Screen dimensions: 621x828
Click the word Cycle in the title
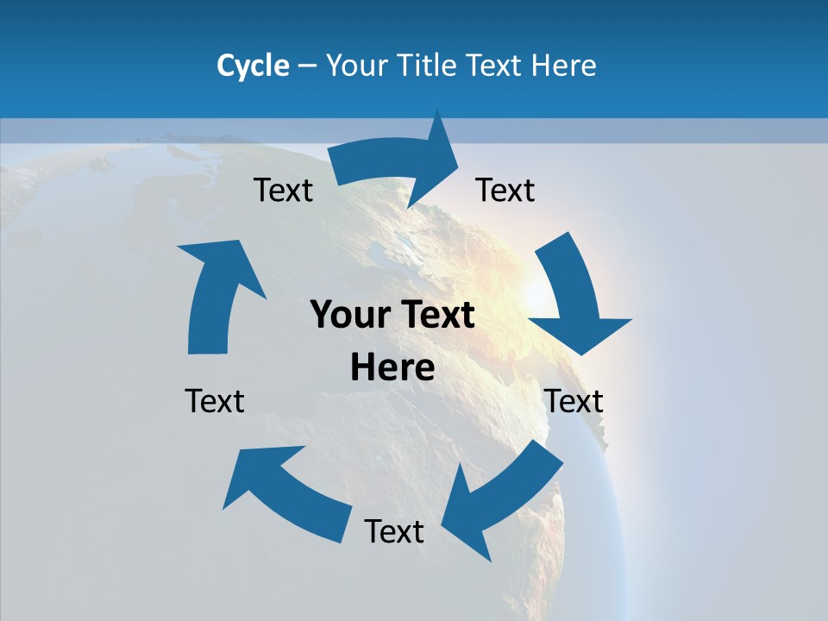[x=253, y=66]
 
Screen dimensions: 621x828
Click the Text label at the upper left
[x=283, y=190]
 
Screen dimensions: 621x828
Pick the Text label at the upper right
[x=505, y=190]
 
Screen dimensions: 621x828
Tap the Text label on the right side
[x=574, y=401]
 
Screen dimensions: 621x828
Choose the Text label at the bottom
[x=394, y=531]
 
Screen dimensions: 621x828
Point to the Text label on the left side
[x=215, y=401]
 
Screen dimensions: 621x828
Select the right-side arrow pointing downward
[x=574, y=293]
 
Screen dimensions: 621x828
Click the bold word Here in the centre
[x=392, y=367]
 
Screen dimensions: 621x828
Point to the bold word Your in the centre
[x=345, y=316]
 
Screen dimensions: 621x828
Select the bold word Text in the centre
[x=436, y=316]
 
